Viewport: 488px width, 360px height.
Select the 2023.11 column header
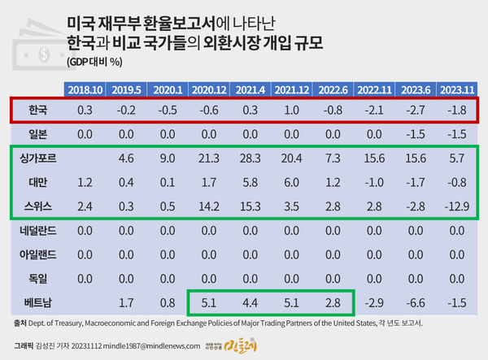point(457,89)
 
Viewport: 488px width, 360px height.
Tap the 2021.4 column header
point(249,89)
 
